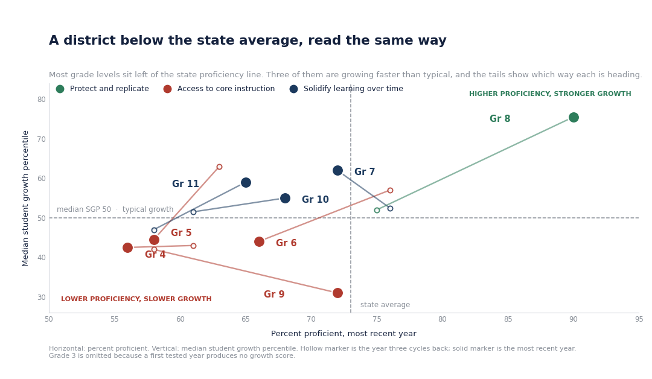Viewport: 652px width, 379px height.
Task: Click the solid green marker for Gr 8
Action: pos(574,118)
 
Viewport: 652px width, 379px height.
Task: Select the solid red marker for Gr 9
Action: pos(337,293)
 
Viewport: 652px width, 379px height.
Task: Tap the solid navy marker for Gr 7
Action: pos(337,171)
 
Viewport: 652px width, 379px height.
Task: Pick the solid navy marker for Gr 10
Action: pos(285,198)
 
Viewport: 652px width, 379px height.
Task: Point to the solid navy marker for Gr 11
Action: pos(246,182)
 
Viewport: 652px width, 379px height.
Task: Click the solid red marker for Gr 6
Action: pos(259,242)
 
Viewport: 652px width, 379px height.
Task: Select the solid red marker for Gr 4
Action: pos(127,247)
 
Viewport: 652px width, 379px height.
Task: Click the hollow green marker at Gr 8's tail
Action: pos(377,210)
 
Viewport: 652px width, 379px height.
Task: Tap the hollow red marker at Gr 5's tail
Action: pos(220,167)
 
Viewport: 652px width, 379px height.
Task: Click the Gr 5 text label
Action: pos(181,233)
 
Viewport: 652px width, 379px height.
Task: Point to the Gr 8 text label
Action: pos(500,119)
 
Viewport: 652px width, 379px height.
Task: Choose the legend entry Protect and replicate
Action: pos(102,89)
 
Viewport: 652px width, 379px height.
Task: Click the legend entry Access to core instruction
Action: pos(219,89)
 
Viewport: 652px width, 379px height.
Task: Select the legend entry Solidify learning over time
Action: pos(347,89)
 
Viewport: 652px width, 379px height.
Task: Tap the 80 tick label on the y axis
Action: pos(41,100)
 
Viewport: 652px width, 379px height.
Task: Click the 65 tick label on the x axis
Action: pos(246,319)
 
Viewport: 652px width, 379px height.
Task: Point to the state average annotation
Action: pos(385,305)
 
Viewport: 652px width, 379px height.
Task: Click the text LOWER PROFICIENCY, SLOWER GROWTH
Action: pos(136,299)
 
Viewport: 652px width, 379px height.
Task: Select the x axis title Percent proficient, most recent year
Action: pos(344,334)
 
